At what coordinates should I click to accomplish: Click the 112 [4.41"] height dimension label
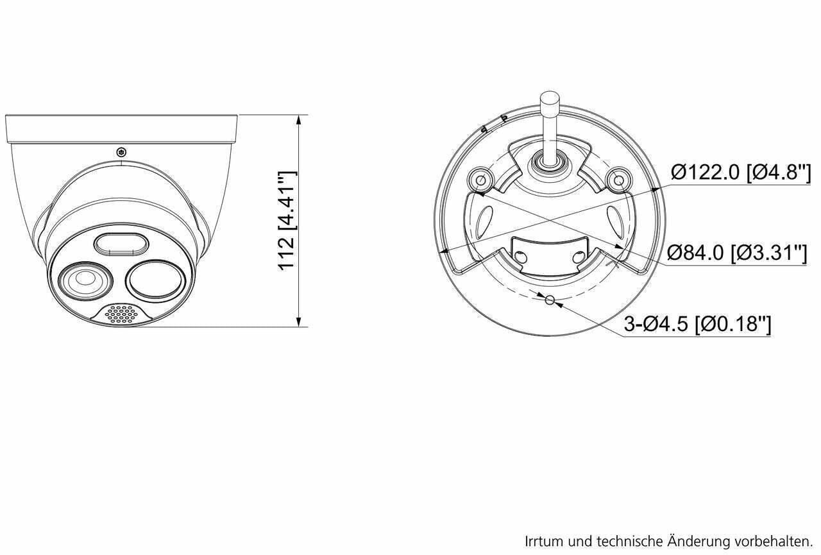tap(286, 220)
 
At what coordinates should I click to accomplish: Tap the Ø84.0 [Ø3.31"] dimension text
tap(736, 252)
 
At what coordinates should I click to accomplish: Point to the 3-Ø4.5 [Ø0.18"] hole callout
tap(698, 325)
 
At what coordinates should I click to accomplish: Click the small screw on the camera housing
tap(121, 152)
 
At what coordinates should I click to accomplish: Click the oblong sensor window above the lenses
tap(123, 244)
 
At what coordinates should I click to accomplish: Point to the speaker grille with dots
tap(122, 314)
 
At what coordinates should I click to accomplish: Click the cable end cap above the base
tap(549, 101)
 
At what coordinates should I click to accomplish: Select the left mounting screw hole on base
tap(480, 181)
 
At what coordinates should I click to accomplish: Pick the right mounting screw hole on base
tap(618, 181)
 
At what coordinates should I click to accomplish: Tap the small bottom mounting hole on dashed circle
tap(549, 300)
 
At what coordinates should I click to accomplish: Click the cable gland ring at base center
tap(549, 160)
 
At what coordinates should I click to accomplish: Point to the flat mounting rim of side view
tap(122, 128)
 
